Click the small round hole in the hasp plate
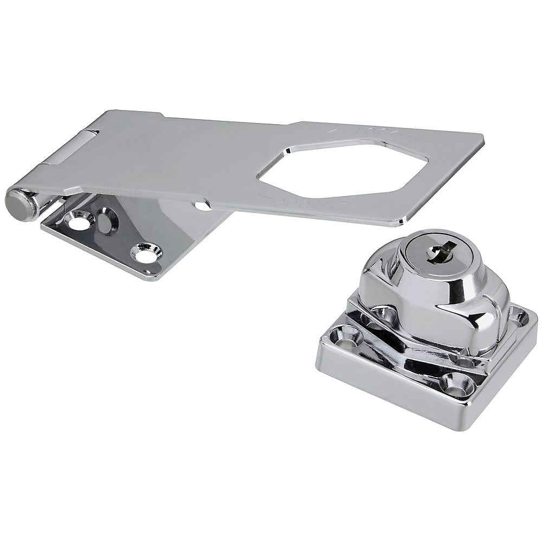point(202,205)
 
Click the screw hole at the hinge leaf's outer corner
point(146,253)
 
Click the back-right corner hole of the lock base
point(519,315)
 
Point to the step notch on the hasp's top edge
point(162,114)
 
